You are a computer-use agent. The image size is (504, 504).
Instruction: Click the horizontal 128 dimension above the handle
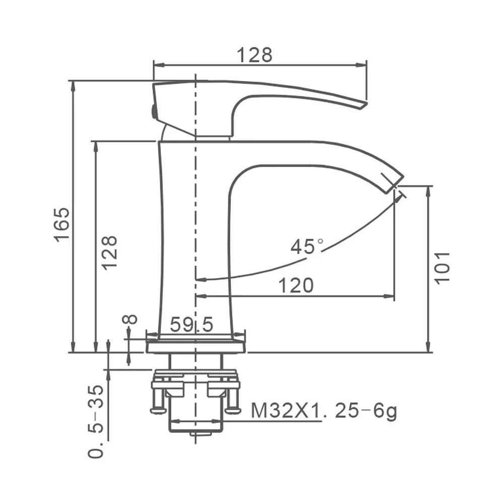tap(255, 55)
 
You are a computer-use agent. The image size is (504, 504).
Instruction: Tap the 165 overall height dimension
tap(61, 224)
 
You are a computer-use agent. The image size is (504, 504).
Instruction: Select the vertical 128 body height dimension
tap(109, 253)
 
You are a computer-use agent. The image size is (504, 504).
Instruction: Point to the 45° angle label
tap(307, 247)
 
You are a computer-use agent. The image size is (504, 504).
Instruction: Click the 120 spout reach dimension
tap(296, 285)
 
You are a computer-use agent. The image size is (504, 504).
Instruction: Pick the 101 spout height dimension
tap(443, 268)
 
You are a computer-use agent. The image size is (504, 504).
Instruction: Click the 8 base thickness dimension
tap(130, 320)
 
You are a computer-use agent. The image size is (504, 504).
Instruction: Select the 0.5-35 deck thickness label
tap(96, 421)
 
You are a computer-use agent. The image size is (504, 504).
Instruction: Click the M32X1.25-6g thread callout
tap(324, 411)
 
